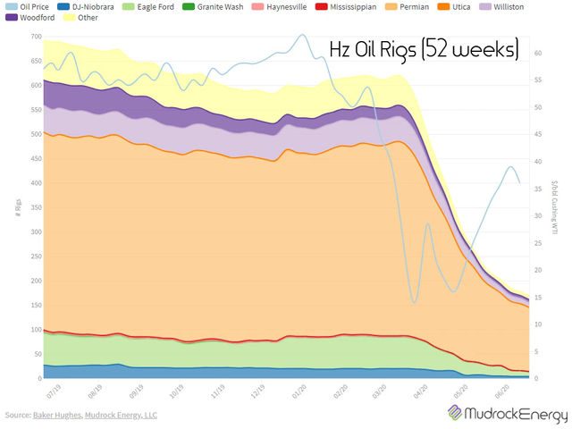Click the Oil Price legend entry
point(30,6)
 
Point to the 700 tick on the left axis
point(35,38)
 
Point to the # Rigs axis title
point(16,208)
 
